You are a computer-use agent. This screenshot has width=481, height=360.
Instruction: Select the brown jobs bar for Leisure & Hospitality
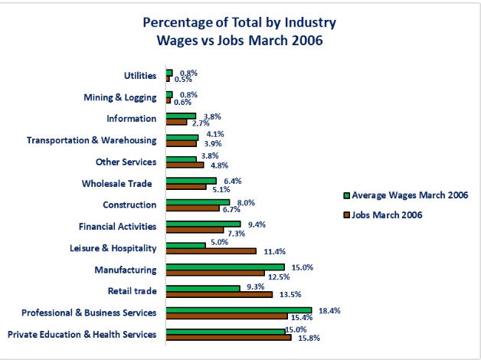click(x=211, y=250)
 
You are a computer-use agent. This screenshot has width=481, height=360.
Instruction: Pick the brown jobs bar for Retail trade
click(x=218, y=293)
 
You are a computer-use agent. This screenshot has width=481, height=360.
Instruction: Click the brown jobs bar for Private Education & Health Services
click(x=228, y=337)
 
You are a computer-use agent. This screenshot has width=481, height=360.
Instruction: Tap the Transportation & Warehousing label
click(x=91, y=140)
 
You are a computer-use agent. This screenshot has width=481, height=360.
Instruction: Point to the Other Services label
click(x=126, y=162)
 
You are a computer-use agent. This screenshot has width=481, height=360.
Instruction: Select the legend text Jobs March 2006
click(x=388, y=214)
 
